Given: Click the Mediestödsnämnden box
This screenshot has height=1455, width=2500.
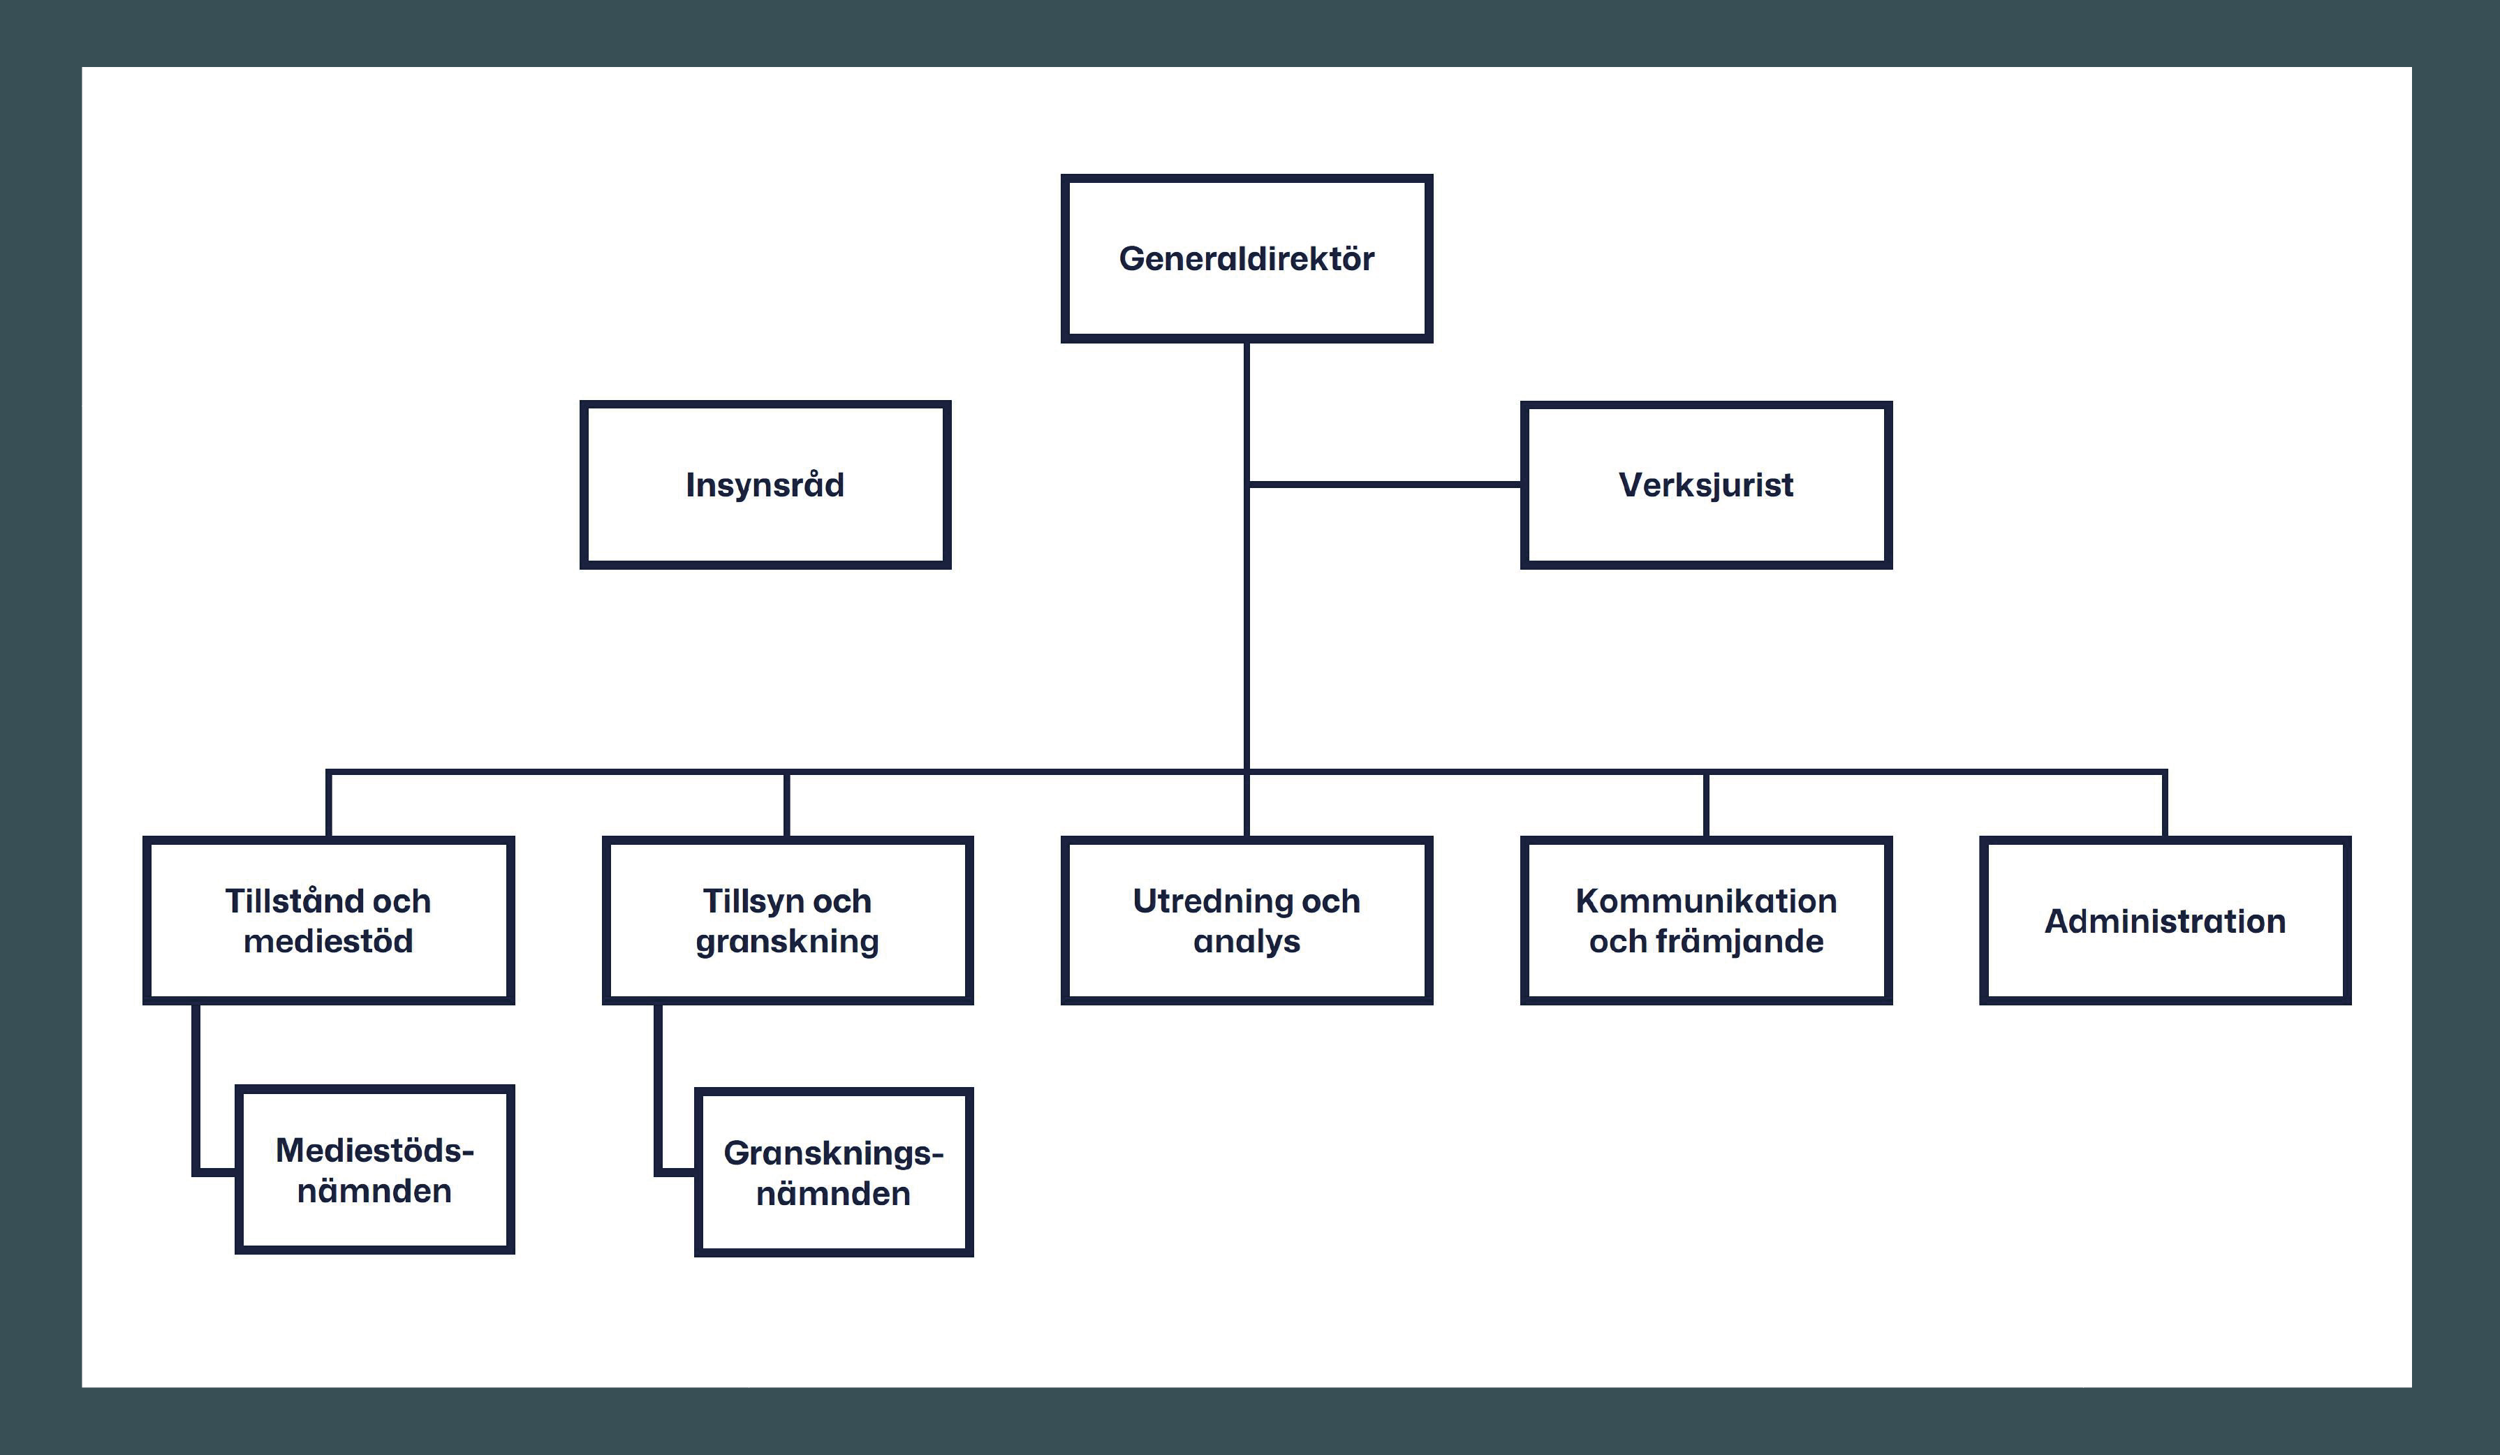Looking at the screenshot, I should point(374,1170).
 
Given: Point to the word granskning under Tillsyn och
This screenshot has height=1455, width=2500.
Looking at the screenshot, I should point(787,941).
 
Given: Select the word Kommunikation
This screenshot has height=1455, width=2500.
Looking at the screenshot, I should point(1705,901).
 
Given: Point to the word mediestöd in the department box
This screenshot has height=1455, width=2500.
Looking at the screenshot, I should point(328,941).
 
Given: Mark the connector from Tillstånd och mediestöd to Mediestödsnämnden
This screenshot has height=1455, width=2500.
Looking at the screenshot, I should point(196,1091).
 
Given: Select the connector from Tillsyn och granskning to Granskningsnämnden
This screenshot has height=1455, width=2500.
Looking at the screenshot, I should point(658,1091).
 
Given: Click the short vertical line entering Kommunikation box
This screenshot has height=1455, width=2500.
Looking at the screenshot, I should point(1705,806).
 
